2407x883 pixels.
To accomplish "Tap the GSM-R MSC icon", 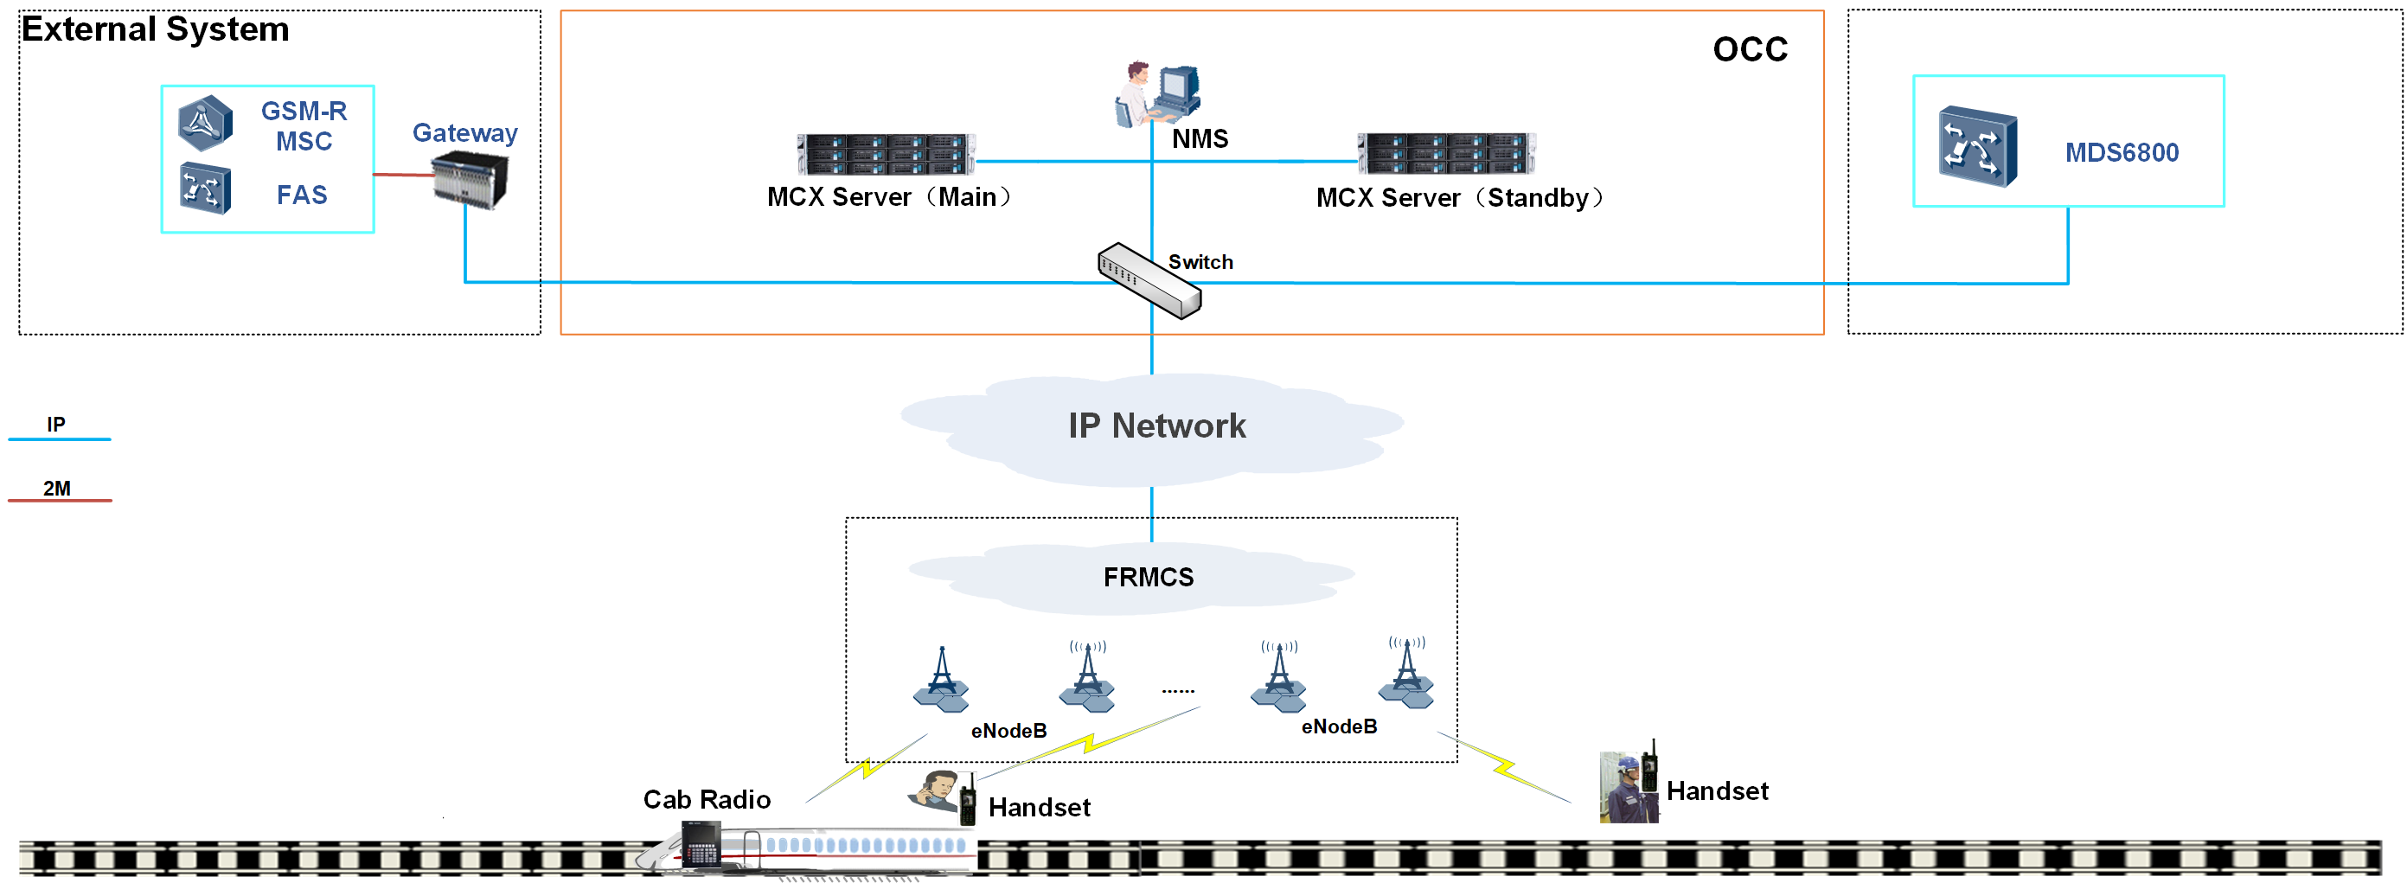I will pyautogui.click(x=206, y=123).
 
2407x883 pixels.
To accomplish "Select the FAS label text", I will pyautogui.click(x=302, y=195).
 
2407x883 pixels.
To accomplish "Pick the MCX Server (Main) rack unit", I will pyautogui.click(x=885, y=154).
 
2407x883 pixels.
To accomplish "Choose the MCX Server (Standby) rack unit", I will pyautogui.click(x=1445, y=154).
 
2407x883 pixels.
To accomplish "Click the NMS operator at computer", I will pyautogui.click(x=1156, y=93).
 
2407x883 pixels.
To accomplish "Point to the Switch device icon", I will pyautogui.click(x=1149, y=280).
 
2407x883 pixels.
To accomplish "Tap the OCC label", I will pyautogui.click(x=1749, y=49).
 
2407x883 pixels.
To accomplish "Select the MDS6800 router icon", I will pyautogui.click(x=1977, y=147).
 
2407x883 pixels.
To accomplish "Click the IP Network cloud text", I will pyautogui.click(x=1156, y=426).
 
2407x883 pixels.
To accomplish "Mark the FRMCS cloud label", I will pyautogui.click(x=1149, y=578).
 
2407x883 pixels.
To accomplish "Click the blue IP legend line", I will pyautogui.click(x=60, y=439).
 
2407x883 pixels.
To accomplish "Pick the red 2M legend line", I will pyautogui.click(x=60, y=501).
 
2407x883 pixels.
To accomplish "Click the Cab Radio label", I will pyautogui.click(x=707, y=800).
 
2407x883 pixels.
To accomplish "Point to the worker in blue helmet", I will pyautogui.click(x=1628, y=789).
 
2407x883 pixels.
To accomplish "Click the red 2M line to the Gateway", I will pyautogui.click(x=403, y=175).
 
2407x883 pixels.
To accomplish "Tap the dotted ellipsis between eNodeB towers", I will pyautogui.click(x=1177, y=692).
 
